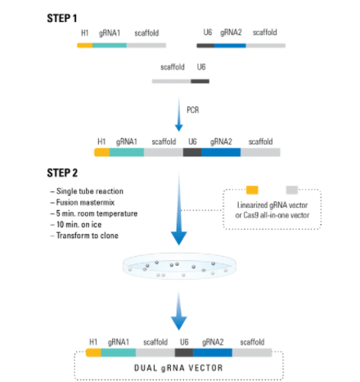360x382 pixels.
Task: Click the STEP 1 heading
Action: click(x=62, y=19)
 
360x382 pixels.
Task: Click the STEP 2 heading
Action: click(x=62, y=173)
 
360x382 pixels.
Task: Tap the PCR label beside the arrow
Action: click(x=193, y=110)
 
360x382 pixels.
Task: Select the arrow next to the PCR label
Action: click(x=179, y=113)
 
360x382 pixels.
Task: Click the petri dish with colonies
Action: click(x=179, y=266)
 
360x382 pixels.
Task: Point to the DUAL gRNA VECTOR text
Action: click(x=178, y=368)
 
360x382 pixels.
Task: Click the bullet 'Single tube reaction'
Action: click(x=87, y=191)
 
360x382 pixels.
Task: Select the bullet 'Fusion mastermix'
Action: click(x=83, y=202)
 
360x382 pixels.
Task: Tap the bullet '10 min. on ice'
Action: click(x=76, y=224)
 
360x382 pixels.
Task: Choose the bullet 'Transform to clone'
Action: click(x=84, y=236)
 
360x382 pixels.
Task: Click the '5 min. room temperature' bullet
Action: click(x=94, y=213)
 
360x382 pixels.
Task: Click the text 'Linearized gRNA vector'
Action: click(x=272, y=205)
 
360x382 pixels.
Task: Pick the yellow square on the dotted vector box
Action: click(x=252, y=190)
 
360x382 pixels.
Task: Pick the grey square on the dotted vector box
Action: click(x=292, y=190)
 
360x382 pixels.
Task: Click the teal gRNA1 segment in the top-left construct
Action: click(x=110, y=45)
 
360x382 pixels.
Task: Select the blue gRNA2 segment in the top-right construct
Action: click(x=230, y=46)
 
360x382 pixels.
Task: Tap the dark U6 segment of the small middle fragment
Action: click(x=200, y=81)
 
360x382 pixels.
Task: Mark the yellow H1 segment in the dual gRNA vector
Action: click(x=93, y=353)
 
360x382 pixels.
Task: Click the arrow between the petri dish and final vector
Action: click(x=179, y=310)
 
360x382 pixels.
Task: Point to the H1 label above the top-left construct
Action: click(x=85, y=33)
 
